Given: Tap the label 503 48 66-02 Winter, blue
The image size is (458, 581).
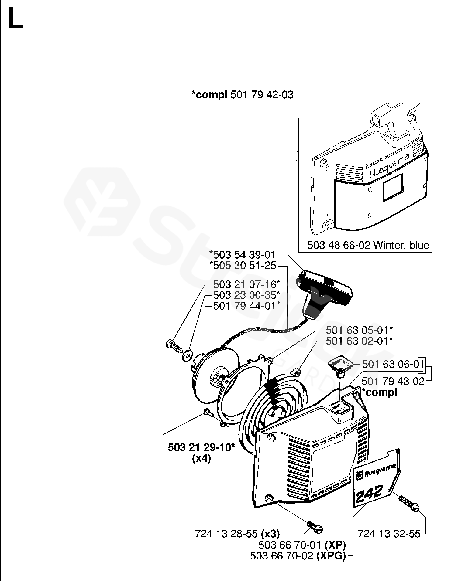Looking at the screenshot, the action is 368,245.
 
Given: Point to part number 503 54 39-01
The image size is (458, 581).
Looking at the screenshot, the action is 242,255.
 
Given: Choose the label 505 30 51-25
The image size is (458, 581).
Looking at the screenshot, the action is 242,266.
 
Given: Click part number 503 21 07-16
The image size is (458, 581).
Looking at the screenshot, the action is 246,284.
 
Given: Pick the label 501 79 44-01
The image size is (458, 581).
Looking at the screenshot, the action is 246,306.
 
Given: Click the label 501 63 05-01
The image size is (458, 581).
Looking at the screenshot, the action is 359,330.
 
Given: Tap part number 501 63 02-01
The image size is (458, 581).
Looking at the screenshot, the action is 359,341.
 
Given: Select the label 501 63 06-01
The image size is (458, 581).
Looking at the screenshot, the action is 393,364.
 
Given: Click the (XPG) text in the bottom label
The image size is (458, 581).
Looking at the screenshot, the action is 331,556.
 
